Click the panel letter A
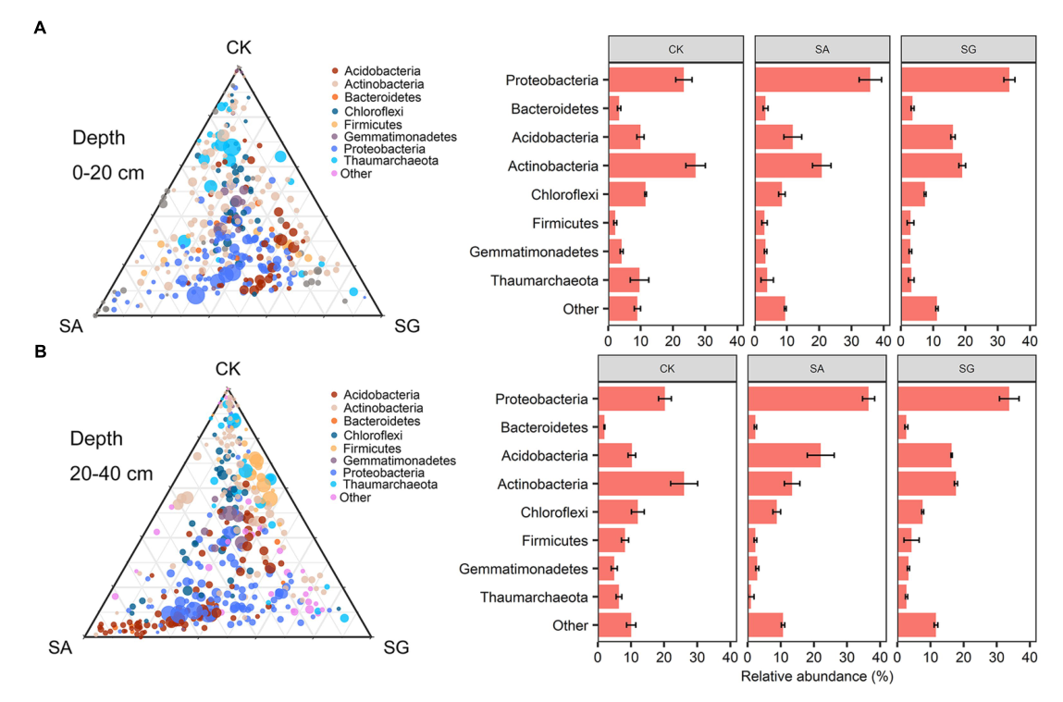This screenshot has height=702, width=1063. pos(40,28)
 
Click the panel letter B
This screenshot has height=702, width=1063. pos(40,351)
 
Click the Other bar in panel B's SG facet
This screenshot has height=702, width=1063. pos(917,625)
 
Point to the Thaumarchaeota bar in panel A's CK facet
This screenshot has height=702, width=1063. pos(624,280)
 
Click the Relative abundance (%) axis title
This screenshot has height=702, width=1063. pos(817,677)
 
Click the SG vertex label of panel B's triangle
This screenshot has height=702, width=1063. pos(397,647)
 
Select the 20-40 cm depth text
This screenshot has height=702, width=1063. pos(112,474)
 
